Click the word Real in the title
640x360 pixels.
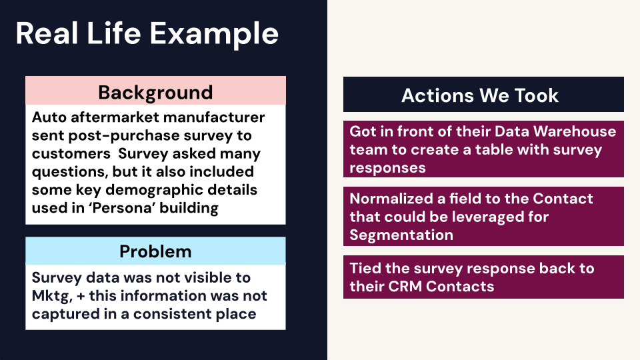[47, 33]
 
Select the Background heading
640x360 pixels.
[155, 93]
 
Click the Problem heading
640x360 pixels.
[155, 251]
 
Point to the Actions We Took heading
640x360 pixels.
[480, 95]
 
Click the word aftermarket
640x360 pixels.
[115, 117]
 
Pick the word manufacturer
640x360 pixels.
[214, 117]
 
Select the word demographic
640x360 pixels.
[156, 190]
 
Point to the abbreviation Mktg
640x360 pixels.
[52, 296]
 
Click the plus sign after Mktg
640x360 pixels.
[81, 296]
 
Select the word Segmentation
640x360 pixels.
[401, 235]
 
